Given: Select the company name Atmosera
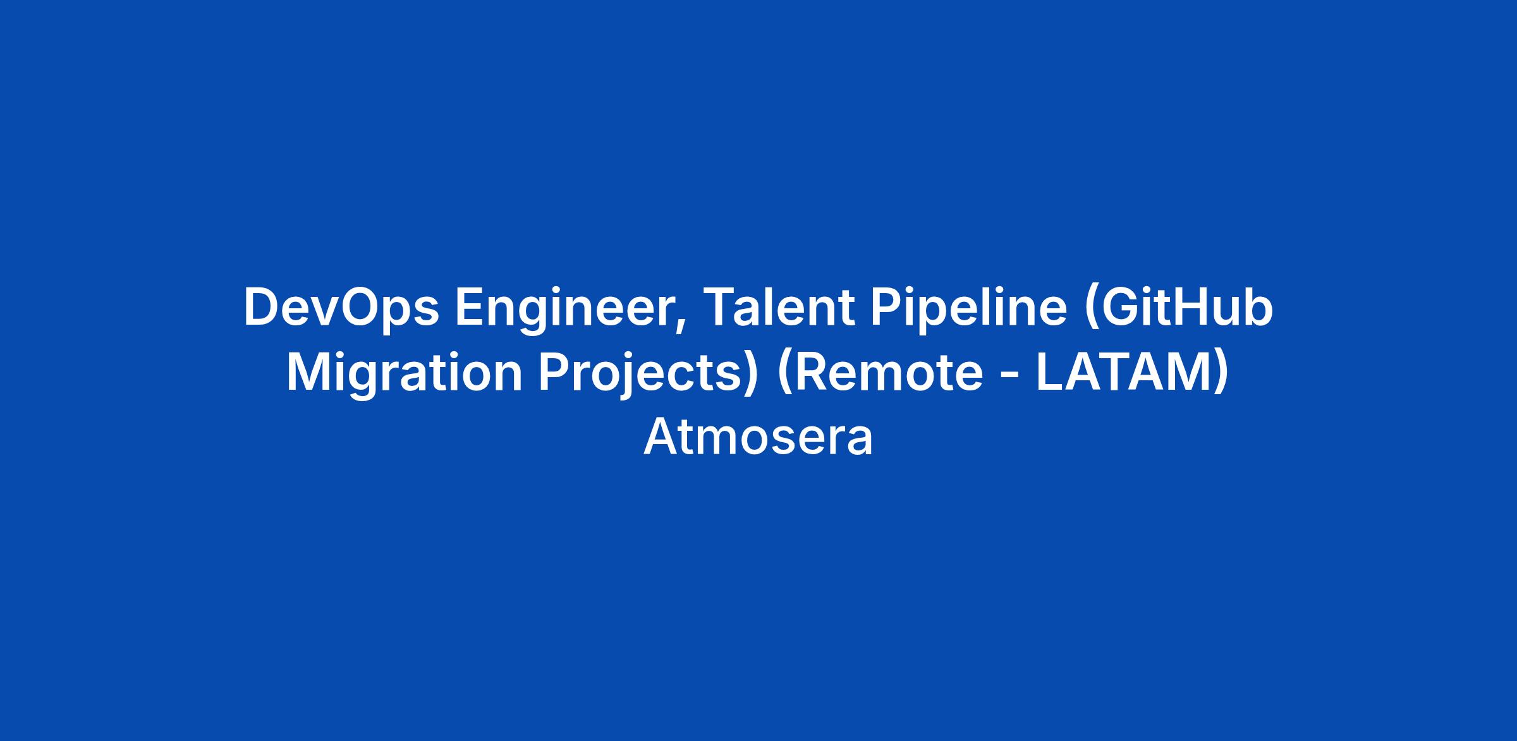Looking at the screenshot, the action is [x=758, y=438].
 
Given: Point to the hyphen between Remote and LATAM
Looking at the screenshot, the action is [x=1010, y=377].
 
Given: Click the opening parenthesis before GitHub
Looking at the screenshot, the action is [x=1092, y=310].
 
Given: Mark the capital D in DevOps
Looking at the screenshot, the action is [x=262, y=307].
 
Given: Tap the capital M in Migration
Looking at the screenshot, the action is [x=309, y=373].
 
